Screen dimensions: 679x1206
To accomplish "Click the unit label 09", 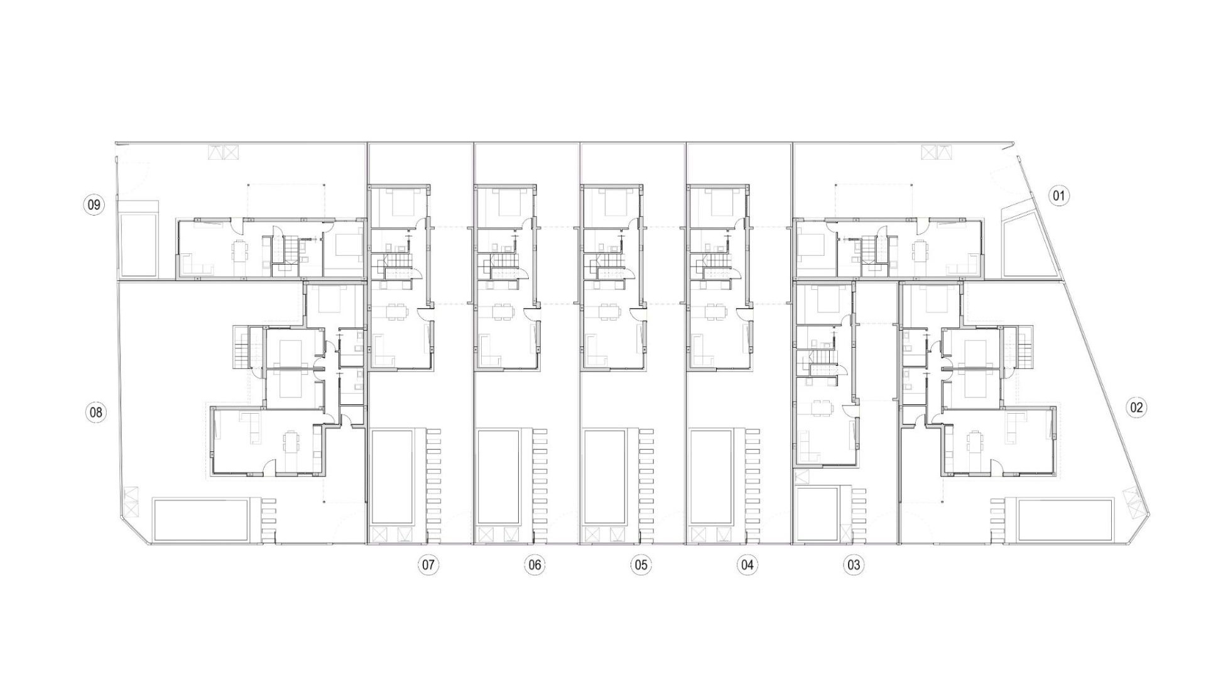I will click(94, 205).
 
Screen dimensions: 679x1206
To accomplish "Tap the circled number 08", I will click(95, 413).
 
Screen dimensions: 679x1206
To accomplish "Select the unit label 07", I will click(428, 565).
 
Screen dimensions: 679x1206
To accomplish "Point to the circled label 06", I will click(535, 565).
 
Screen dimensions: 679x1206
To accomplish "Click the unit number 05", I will click(641, 565).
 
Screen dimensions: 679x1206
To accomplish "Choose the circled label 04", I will click(747, 565).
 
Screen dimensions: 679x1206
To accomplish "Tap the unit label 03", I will click(853, 565).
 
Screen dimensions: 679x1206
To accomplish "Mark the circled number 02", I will click(1136, 407).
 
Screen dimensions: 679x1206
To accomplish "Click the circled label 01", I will click(1059, 196).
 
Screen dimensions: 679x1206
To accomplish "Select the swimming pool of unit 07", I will click(392, 477).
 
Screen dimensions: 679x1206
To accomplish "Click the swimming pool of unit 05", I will click(605, 477).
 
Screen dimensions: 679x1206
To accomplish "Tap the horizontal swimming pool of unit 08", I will click(201, 519).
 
